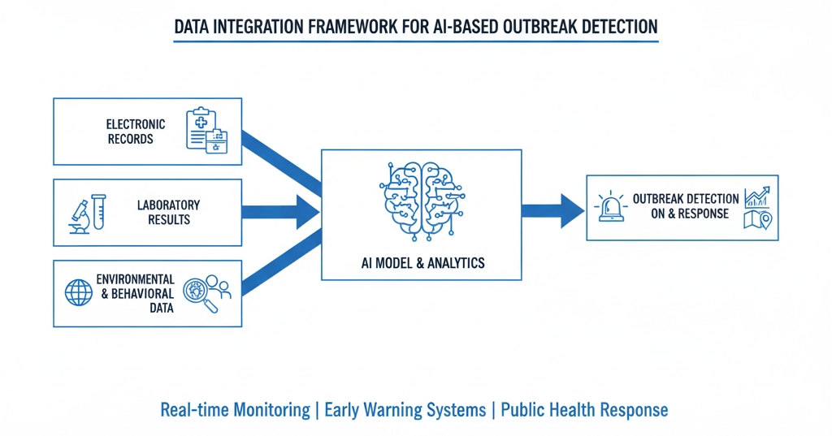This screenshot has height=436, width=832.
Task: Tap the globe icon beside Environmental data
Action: [x=79, y=293]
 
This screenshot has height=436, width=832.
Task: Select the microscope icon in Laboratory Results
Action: [x=80, y=217]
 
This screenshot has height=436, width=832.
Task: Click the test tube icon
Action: [x=98, y=212]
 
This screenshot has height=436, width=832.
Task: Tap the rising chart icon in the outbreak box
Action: [x=758, y=196]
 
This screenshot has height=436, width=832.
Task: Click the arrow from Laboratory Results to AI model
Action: [x=280, y=212]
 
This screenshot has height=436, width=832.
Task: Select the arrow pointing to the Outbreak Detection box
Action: [x=552, y=211]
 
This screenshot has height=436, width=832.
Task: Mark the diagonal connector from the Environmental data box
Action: [x=282, y=262]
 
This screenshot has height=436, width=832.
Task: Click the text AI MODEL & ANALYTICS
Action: [x=422, y=263]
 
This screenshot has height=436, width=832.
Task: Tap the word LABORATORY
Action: [x=169, y=205]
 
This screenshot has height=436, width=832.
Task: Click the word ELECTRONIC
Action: [x=136, y=124]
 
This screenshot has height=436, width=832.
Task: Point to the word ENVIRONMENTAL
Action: [x=136, y=279]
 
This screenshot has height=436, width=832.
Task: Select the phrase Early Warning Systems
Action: [x=405, y=410]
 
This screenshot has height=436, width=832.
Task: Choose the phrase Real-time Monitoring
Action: [x=235, y=410]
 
